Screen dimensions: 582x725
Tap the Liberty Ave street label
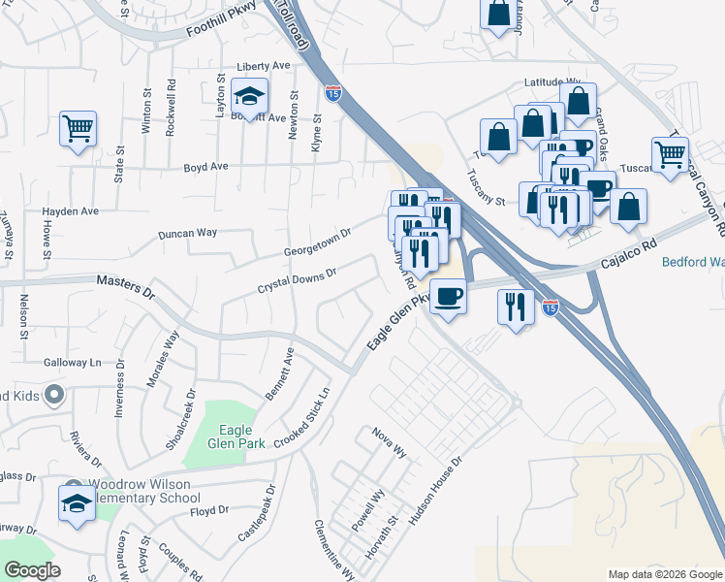264,66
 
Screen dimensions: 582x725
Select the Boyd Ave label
205,167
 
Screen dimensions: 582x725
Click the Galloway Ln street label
73,362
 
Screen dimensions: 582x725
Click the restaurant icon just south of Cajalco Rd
515,307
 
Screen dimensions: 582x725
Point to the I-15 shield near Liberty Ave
333,93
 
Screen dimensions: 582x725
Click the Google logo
32,570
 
